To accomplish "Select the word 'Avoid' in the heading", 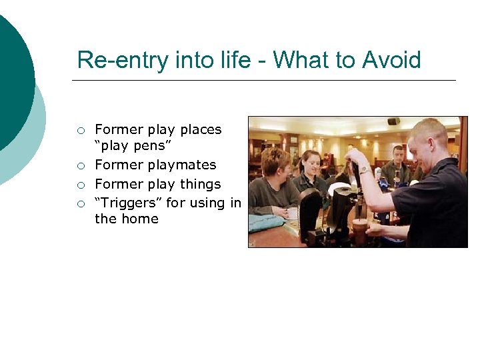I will [x=391, y=60].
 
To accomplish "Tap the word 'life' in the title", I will [x=230, y=60].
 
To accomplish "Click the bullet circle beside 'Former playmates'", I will [x=81, y=166].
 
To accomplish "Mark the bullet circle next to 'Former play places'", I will [x=81, y=131].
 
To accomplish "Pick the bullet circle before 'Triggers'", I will [x=81, y=203].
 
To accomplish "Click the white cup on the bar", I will [x=292, y=213].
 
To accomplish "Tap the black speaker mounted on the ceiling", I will [x=393, y=121].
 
